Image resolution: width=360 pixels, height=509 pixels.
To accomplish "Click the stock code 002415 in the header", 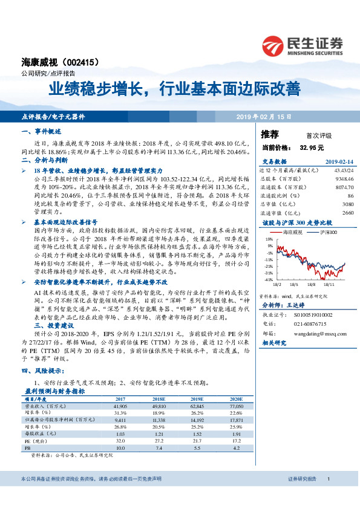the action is (x=79, y=62).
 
